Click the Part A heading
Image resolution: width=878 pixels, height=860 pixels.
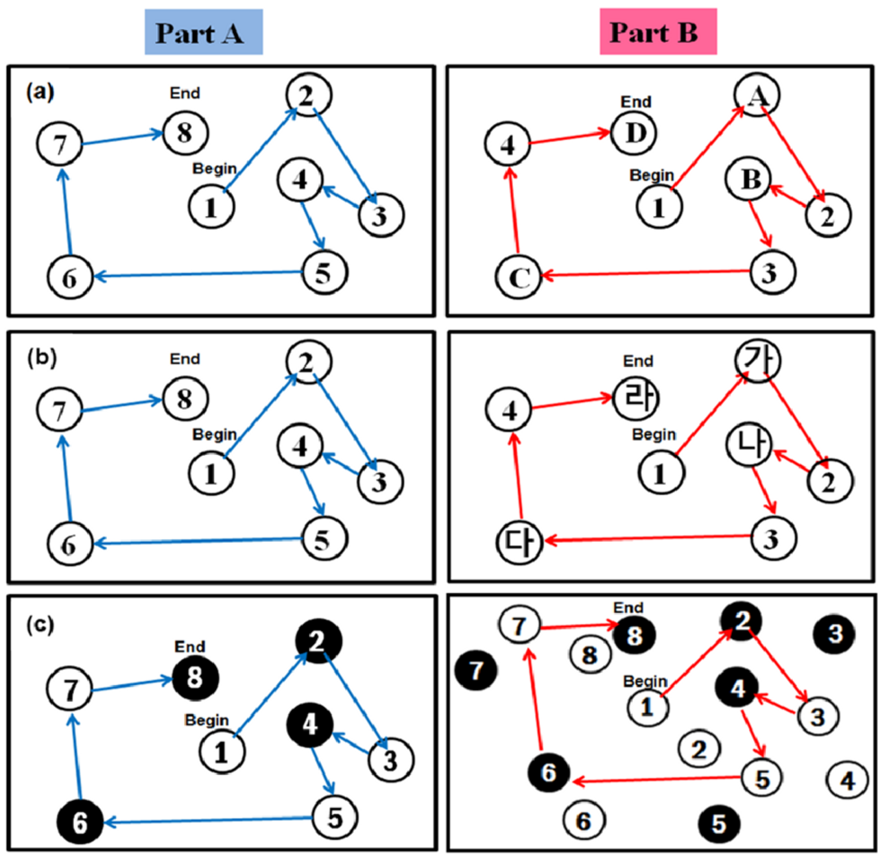(203, 32)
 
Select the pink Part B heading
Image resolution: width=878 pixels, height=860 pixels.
(658, 32)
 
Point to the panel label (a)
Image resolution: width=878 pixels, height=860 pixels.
(40, 91)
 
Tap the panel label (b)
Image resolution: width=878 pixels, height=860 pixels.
(41, 357)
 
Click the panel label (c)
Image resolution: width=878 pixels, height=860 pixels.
(40, 624)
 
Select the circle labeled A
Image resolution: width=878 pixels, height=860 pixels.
(757, 95)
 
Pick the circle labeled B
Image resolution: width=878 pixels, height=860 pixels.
(749, 179)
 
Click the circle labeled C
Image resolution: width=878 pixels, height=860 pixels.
(519, 277)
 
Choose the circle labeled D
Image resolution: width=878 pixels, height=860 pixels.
(634, 132)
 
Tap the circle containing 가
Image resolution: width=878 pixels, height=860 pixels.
(757, 361)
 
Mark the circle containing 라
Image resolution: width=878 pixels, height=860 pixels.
(636, 398)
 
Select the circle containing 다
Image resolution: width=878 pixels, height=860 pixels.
(519, 541)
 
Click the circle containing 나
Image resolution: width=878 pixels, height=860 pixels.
(749, 445)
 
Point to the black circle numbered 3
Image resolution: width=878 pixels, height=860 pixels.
(834, 633)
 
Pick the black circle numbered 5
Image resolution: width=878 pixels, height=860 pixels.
(719, 824)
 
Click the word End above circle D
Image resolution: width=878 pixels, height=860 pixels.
(636, 101)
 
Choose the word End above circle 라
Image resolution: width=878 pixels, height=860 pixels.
(638, 361)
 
